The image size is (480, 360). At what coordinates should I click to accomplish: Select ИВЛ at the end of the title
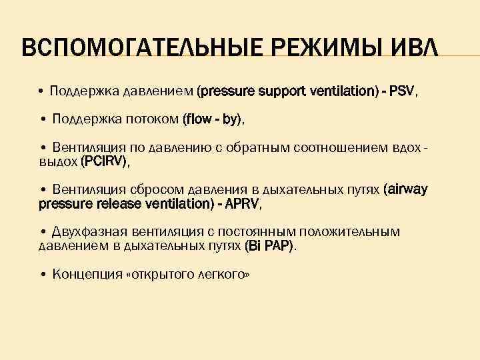[414, 49]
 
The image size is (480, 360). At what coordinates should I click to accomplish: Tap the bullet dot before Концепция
[43, 274]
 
